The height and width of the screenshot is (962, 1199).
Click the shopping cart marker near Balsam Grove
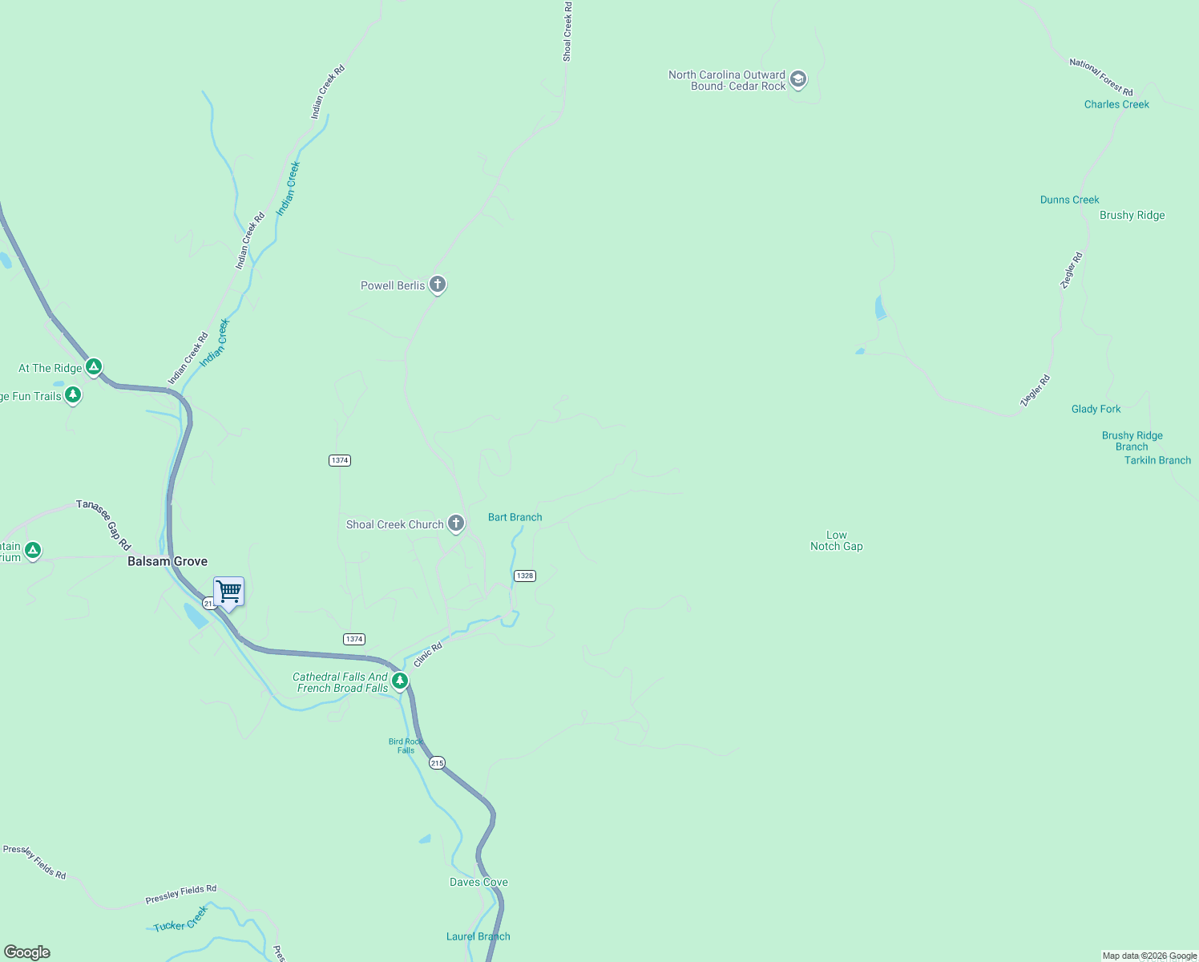click(x=229, y=592)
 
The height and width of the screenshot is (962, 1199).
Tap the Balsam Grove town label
click(x=168, y=562)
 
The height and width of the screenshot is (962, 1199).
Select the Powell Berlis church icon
click(x=437, y=284)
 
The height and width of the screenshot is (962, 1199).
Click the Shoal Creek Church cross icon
click(x=455, y=523)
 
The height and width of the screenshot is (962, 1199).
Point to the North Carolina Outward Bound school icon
click(x=797, y=79)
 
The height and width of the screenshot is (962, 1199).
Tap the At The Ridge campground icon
click(x=94, y=367)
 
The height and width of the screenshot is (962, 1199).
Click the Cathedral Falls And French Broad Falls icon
click(x=399, y=681)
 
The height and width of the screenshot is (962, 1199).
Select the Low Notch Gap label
click(x=836, y=541)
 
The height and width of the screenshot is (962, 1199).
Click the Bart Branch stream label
click(x=515, y=518)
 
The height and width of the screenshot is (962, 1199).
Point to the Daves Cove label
click(x=478, y=883)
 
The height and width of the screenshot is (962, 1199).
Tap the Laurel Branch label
click(x=478, y=936)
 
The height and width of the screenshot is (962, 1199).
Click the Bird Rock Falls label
click(x=406, y=746)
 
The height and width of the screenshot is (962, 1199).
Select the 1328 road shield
click(x=524, y=576)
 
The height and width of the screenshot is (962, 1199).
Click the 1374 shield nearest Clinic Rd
click(x=353, y=639)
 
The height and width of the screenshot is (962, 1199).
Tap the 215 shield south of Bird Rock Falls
click(x=437, y=763)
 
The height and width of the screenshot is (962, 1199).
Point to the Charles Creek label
click(x=1116, y=104)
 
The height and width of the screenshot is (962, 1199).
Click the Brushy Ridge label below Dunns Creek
click(x=1132, y=216)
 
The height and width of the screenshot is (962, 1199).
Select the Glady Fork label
click(x=1096, y=410)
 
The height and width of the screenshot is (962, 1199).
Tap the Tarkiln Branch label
click(x=1157, y=461)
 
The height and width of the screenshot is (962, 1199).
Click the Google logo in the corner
click(x=27, y=952)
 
